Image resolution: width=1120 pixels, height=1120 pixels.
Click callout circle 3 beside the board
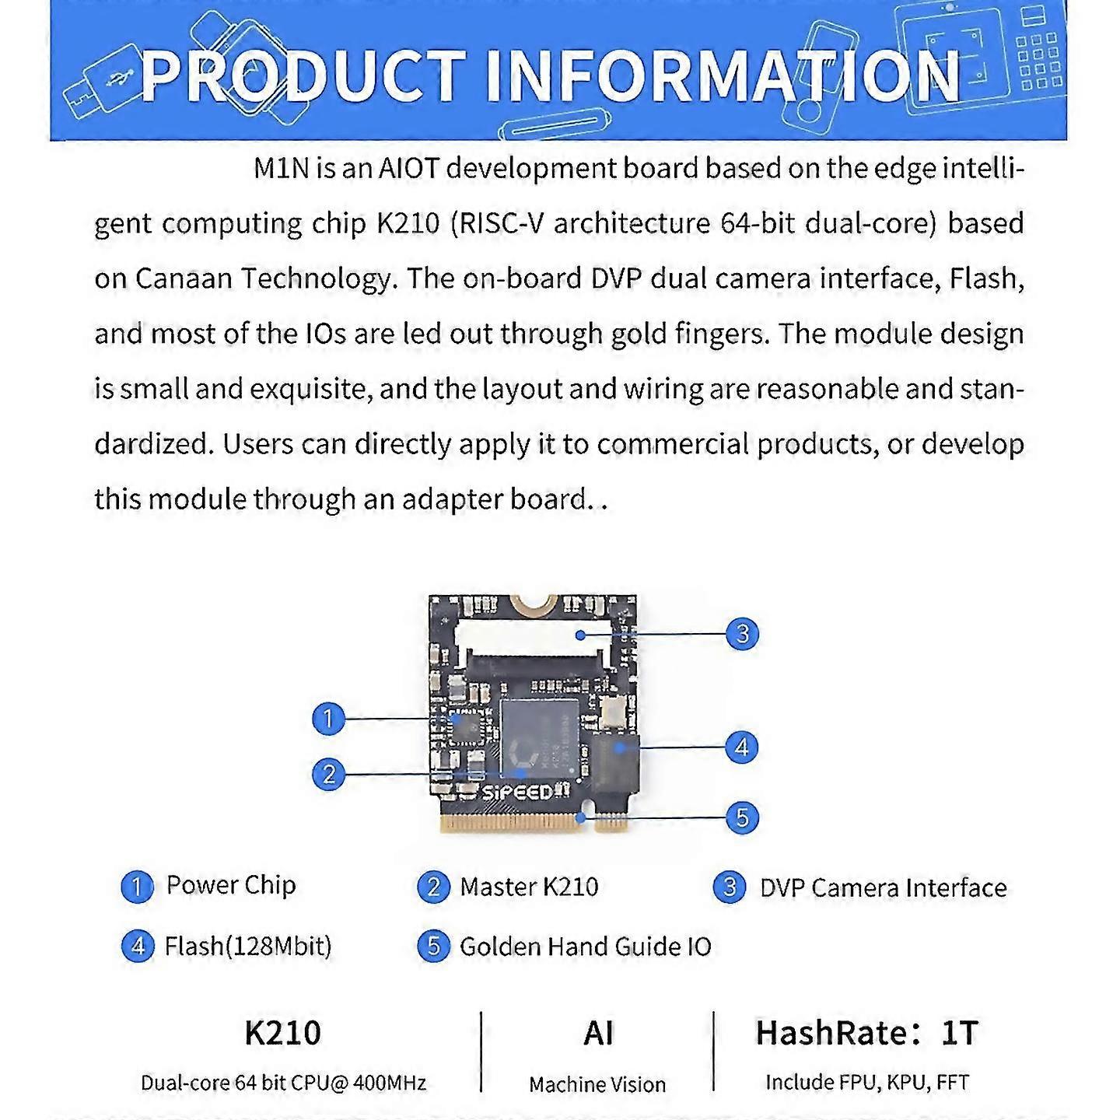point(742,634)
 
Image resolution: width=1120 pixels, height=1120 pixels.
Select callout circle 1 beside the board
point(328,719)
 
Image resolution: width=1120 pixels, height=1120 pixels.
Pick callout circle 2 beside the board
point(329,774)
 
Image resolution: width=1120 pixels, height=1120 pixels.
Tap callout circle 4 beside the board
point(742,747)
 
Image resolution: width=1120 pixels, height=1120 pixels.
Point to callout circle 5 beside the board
point(742,817)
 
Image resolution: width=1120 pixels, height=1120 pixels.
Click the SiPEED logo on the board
point(517,793)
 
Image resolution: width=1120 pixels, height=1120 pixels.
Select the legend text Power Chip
point(231,885)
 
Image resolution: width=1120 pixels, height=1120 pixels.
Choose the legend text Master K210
point(529,887)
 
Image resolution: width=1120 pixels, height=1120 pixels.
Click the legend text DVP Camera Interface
point(884,887)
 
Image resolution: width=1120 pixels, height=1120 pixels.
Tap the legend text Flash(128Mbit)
point(248,947)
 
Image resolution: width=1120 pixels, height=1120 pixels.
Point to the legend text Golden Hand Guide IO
point(586,947)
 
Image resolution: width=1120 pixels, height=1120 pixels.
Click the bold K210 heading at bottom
point(282,1033)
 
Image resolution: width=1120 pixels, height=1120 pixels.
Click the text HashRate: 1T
point(866,1033)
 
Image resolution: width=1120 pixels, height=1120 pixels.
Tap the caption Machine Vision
point(597,1084)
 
